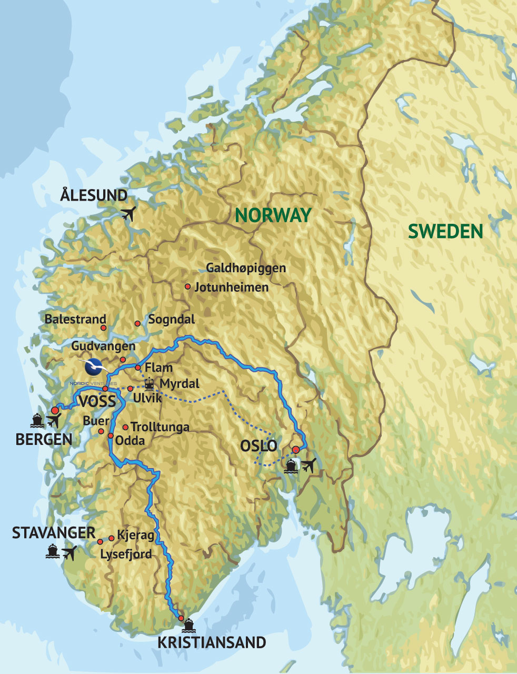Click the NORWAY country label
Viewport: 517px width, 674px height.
coord(273,215)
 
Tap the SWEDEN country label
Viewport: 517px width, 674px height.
coord(445,231)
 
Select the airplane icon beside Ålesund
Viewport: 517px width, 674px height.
coord(128,214)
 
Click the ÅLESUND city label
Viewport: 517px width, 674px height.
coord(94,195)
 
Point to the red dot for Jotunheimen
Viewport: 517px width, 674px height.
coord(187,286)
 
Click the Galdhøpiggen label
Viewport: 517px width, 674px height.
coord(246,268)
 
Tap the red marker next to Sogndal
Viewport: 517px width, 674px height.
coord(137,323)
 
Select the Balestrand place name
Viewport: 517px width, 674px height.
coord(75,319)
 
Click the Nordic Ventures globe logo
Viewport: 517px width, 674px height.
coord(95,365)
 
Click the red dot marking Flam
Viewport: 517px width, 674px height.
coord(137,367)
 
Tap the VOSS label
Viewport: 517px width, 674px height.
coord(97,402)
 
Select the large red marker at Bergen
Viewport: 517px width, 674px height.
coord(55,410)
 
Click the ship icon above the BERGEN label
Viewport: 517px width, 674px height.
coord(37,420)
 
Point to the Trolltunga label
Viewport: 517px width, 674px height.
coord(160,427)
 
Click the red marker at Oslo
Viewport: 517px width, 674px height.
coord(296,449)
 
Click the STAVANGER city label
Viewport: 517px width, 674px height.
coord(54,532)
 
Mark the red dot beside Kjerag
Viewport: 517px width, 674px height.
coord(112,538)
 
